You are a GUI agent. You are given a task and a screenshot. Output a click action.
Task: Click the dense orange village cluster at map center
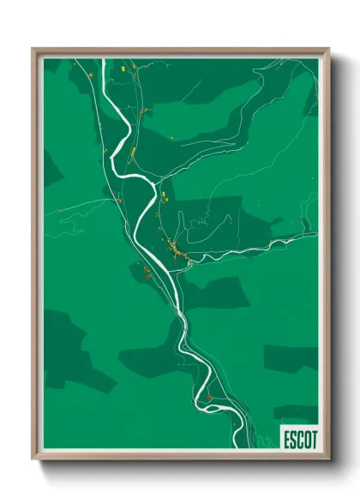(x=175, y=249)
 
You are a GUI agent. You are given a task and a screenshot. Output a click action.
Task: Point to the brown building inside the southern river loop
(x=208, y=397)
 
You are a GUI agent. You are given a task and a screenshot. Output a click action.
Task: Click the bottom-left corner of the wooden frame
(x=33, y=459)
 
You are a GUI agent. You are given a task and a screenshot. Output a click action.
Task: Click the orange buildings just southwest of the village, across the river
(x=146, y=273)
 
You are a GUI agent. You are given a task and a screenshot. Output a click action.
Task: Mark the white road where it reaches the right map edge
(x=315, y=234)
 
